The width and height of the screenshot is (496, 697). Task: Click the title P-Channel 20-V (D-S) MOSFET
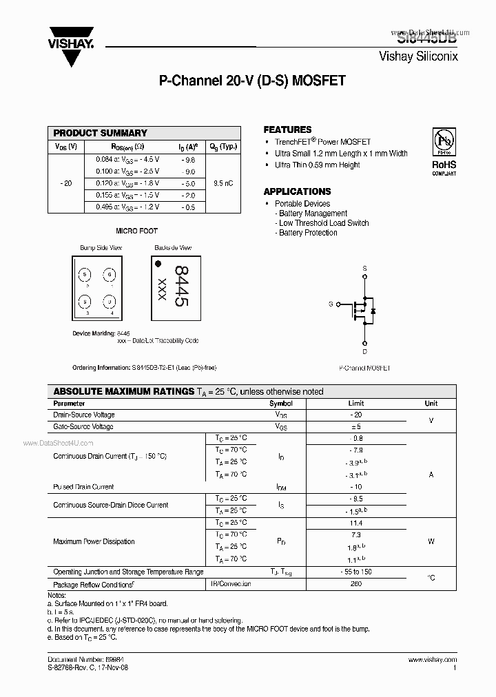tap(252, 81)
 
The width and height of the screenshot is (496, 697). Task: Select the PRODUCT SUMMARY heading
tap(101, 133)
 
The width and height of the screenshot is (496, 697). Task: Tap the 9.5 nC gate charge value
tap(223, 183)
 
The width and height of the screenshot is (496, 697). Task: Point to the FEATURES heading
tap(287, 129)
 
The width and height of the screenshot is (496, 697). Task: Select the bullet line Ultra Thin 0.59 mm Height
tap(318, 165)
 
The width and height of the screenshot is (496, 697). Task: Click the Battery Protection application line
tap(308, 233)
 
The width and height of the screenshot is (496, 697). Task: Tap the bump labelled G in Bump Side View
tap(108, 275)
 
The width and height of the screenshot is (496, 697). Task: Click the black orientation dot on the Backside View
tap(158, 263)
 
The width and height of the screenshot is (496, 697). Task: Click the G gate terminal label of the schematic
tap(331, 304)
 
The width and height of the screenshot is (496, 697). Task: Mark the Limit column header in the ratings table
tap(356, 404)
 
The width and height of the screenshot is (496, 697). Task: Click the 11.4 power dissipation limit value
tap(356, 523)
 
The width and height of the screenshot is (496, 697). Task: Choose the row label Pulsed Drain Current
tap(83, 487)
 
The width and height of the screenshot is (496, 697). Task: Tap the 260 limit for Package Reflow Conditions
tap(356, 584)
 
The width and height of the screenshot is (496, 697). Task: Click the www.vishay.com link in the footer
tap(432, 660)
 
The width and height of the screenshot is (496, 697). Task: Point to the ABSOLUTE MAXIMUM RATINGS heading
tap(124, 391)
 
